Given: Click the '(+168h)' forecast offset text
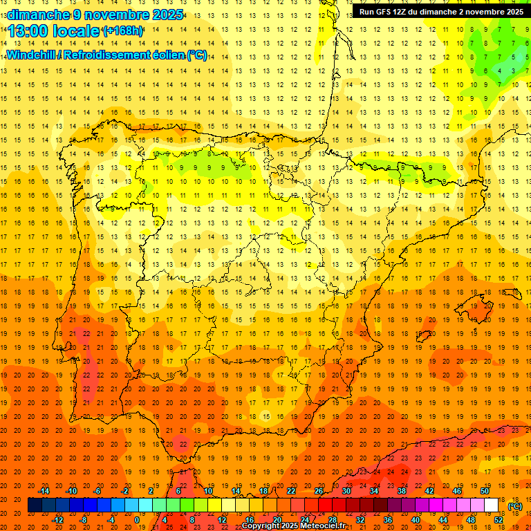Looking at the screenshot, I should point(122,31).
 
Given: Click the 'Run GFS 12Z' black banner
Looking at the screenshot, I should point(440,12).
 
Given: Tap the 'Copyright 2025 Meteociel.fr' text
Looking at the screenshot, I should point(293,526).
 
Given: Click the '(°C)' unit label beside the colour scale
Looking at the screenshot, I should point(515,506).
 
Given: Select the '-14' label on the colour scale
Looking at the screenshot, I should point(44,491).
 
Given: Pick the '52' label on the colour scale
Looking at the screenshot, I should point(499,520).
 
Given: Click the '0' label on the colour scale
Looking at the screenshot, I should point(137,520).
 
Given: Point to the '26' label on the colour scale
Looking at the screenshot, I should point(319,491).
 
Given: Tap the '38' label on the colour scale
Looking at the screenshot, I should point(401,491).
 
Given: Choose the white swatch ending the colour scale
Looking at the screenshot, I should point(491,505).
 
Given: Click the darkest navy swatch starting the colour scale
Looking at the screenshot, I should point(35,505).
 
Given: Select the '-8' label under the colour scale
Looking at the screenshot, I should point(83,520).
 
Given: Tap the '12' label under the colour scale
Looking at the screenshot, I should point(221,520).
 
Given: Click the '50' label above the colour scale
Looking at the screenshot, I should point(484,491).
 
